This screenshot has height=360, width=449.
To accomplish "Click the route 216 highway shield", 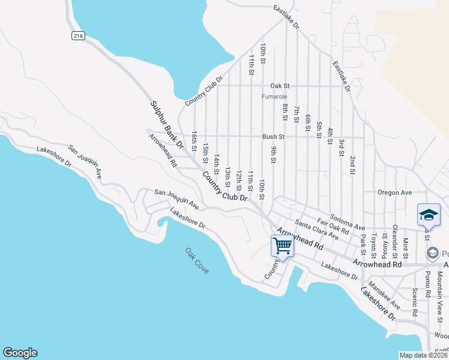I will tap(77, 36).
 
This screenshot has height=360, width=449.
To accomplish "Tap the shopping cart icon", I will tap(282, 245).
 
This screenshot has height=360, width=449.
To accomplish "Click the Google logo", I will tap(20, 353).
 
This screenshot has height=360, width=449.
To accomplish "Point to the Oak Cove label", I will tap(197, 261).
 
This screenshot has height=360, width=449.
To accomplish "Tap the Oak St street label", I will tap(280, 86).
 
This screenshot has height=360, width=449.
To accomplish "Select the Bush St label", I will tap(273, 137).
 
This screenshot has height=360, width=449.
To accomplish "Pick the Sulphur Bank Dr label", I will tap(166, 124).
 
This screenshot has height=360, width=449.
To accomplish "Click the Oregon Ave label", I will tap(394, 193).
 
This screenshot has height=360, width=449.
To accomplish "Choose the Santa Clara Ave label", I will tap(316, 230).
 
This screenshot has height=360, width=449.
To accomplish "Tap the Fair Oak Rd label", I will tap(333, 226).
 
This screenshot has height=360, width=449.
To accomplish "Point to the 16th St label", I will tap(194, 141).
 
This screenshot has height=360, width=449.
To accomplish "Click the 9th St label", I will tap(273, 154).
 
